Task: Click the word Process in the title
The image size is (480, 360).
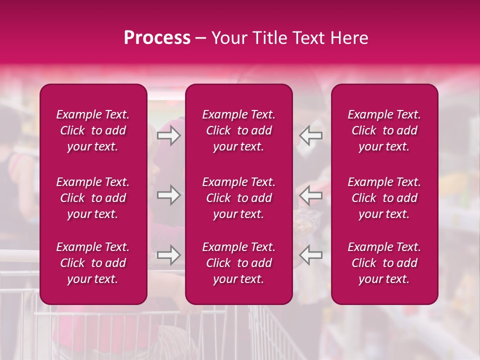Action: point(157,38)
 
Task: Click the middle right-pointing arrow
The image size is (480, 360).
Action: point(169,195)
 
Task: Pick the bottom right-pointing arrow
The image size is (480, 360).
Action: point(169,255)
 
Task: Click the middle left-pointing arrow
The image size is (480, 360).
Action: point(310,195)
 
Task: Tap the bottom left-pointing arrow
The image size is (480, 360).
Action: point(310,255)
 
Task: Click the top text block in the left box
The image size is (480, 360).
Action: point(93,130)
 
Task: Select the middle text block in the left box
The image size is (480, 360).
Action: point(93,198)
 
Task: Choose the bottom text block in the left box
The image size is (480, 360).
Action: point(93,263)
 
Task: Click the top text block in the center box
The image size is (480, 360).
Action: point(239,130)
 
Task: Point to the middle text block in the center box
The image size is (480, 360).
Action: point(239,198)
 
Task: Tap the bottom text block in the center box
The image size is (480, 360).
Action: point(239,263)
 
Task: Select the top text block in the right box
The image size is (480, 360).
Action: point(384,130)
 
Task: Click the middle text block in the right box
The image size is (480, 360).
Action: point(384,198)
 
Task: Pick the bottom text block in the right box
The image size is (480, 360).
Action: point(384,263)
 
